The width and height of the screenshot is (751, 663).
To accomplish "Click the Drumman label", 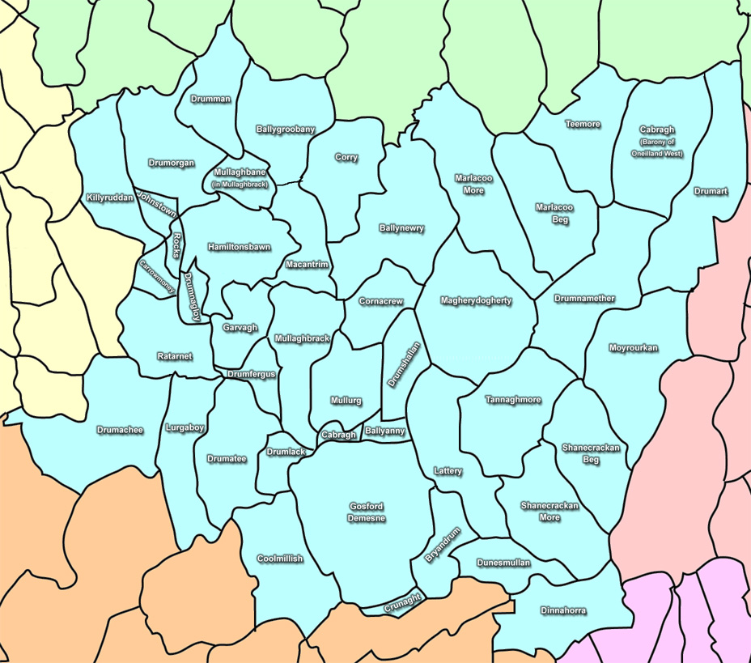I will [210, 99].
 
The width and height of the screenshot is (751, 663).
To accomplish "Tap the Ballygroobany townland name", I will [285, 129].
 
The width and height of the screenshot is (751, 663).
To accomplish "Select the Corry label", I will [346, 158].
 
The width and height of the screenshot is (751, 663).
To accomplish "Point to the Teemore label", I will [583, 124].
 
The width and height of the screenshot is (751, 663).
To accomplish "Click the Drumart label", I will [711, 192].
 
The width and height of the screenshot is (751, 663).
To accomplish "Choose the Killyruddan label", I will [110, 198].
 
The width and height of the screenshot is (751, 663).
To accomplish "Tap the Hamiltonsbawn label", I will [239, 247].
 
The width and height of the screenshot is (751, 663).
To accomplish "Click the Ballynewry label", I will [401, 228].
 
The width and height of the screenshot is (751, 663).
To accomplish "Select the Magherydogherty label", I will [476, 301].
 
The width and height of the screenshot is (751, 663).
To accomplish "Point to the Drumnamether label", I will [584, 299].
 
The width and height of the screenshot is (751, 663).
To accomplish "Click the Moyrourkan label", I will [633, 348].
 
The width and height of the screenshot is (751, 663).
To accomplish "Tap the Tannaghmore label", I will [513, 400].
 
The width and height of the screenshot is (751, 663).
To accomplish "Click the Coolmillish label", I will [280, 559].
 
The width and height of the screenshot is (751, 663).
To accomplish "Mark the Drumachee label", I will [120, 430].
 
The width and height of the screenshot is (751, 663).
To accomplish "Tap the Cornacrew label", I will [380, 301].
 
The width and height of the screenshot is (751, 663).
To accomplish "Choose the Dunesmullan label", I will [503, 562].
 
